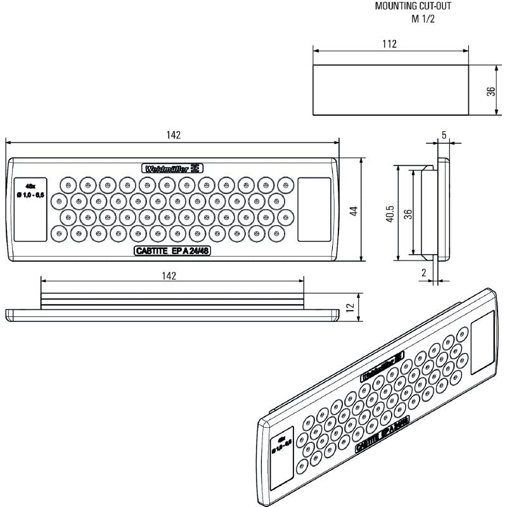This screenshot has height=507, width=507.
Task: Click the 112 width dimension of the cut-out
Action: (x=390, y=44)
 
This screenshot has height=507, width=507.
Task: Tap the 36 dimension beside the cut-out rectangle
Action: (x=491, y=91)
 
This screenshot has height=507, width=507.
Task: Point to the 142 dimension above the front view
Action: (x=172, y=135)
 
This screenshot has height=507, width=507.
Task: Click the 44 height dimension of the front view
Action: (x=356, y=210)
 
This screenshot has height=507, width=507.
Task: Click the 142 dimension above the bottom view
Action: (x=168, y=275)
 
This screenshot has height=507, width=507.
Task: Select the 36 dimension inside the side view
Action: (x=409, y=214)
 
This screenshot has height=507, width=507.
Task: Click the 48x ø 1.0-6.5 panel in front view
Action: (x=30, y=209)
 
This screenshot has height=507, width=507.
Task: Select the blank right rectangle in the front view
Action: (x=314, y=209)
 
